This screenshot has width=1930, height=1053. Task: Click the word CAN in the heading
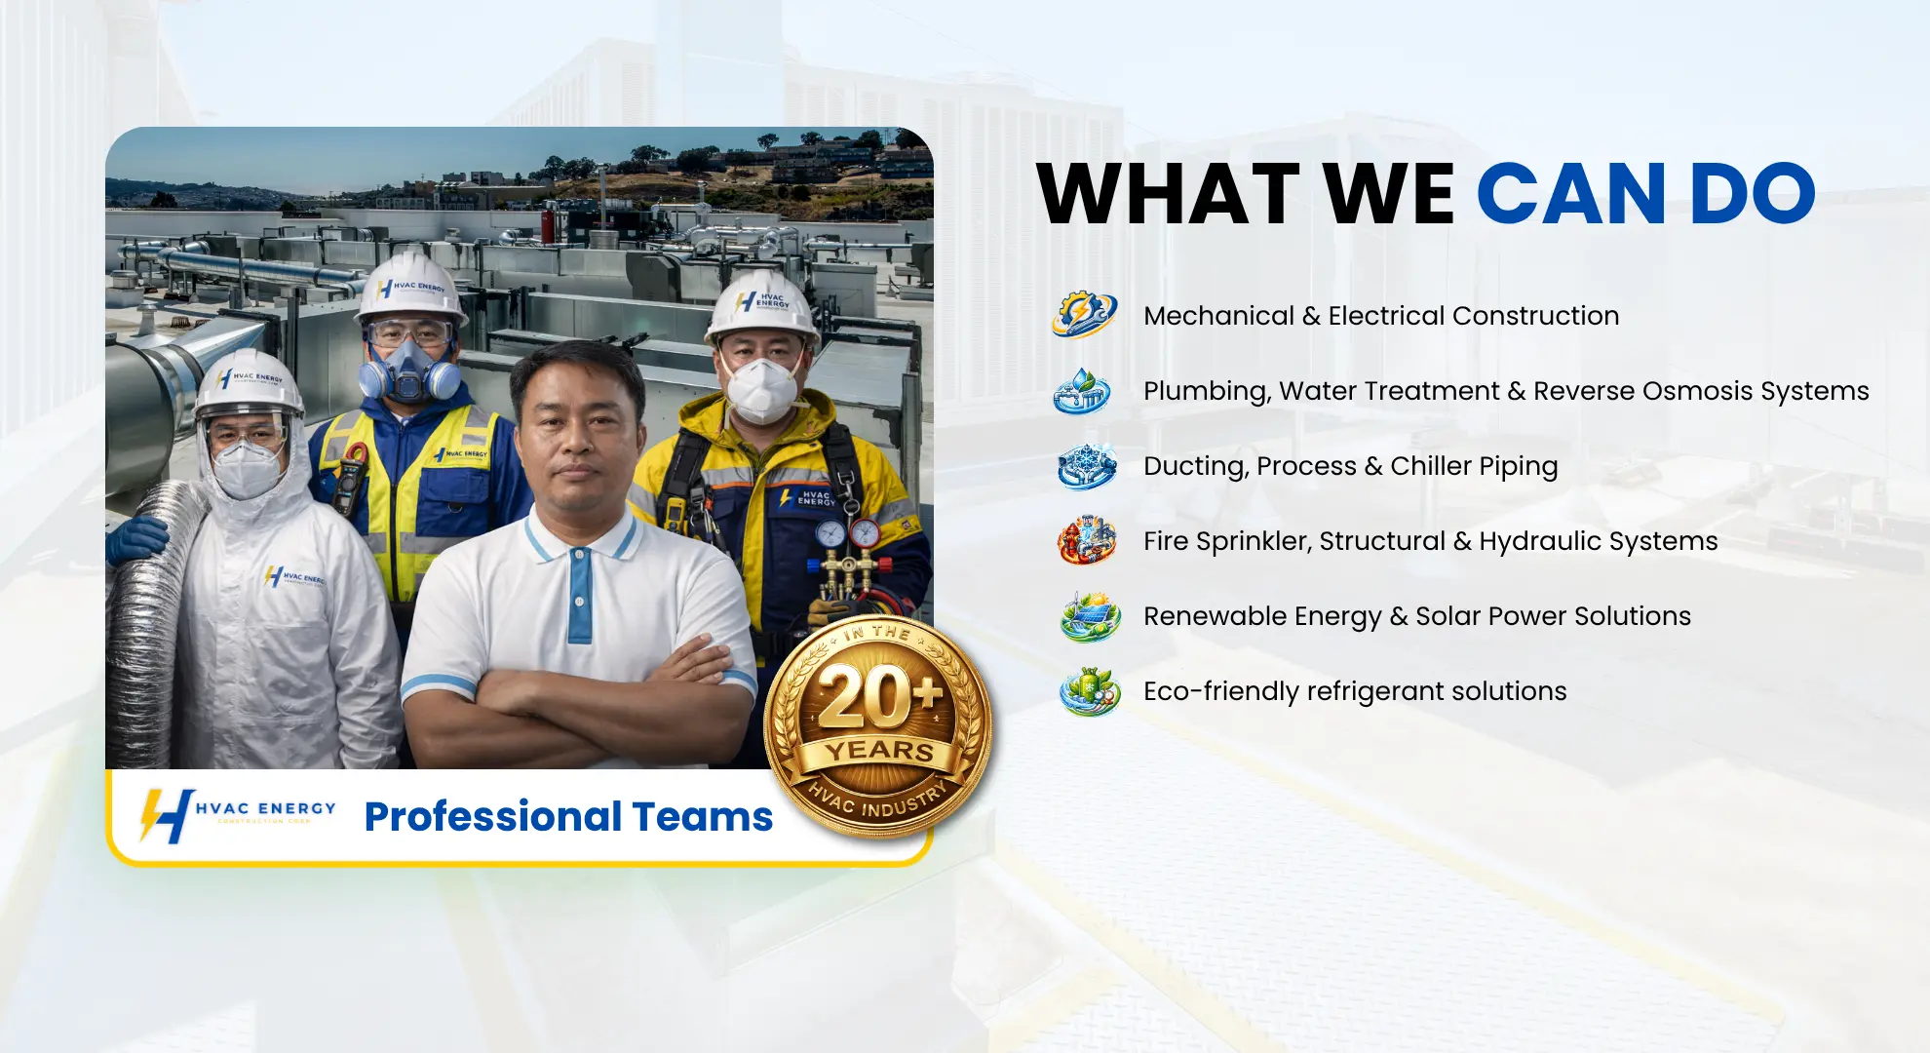1571,194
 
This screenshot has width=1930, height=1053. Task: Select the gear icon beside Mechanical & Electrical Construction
1084,314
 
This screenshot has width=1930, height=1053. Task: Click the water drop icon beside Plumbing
1082,390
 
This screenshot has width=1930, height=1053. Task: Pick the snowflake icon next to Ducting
1087,465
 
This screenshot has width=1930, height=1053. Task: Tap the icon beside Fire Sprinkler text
1087,541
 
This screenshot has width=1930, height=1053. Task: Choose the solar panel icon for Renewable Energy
1090,616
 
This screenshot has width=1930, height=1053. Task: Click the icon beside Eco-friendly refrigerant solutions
1090,691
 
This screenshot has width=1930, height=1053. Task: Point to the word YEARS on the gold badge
880,751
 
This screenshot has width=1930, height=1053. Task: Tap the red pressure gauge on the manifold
864,533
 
